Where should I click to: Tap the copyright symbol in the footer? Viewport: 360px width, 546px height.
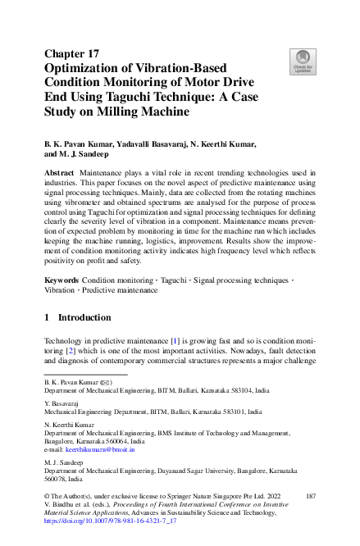point(48,497)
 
